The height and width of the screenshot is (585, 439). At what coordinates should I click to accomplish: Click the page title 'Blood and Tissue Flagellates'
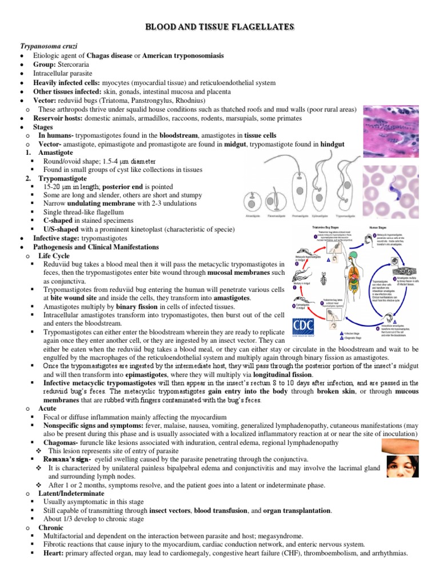(x=219, y=27)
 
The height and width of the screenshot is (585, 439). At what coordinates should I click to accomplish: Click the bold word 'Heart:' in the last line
(x=62, y=554)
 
